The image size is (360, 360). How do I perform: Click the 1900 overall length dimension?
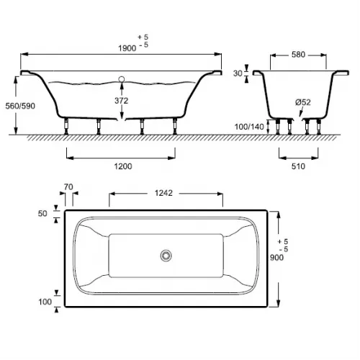point(127,48)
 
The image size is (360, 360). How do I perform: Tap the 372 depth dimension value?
point(122,101)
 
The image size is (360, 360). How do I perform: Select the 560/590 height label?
point(20,106)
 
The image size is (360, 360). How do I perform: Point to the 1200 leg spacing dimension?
point(123,166)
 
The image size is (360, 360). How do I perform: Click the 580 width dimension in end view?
point(298,55)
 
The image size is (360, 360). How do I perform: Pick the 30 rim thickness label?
point(238,73)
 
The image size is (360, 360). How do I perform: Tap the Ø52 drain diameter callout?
point(303,102)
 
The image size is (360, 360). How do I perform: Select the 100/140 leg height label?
point(249,127)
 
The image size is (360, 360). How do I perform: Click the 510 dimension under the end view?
point(298,166)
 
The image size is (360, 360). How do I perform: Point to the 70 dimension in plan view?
point(68,186)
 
